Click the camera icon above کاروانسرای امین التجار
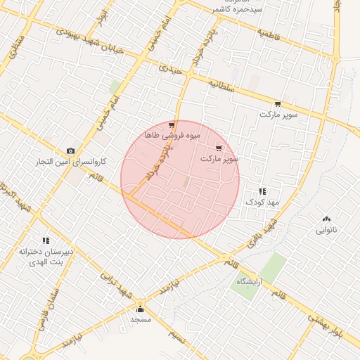coord(70,151)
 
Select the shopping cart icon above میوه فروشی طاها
coord(172,125)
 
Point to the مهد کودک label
coord(262,202)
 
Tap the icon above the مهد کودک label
coord(262,191)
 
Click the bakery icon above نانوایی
coord(326,219)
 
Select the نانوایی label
coord(326,230)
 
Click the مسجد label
coord(141,319)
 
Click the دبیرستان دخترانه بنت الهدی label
coord(46,257)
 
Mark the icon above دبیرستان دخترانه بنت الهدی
coord(46,240)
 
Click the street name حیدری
coord(170,70)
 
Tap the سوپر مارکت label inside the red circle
coord(219,159)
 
